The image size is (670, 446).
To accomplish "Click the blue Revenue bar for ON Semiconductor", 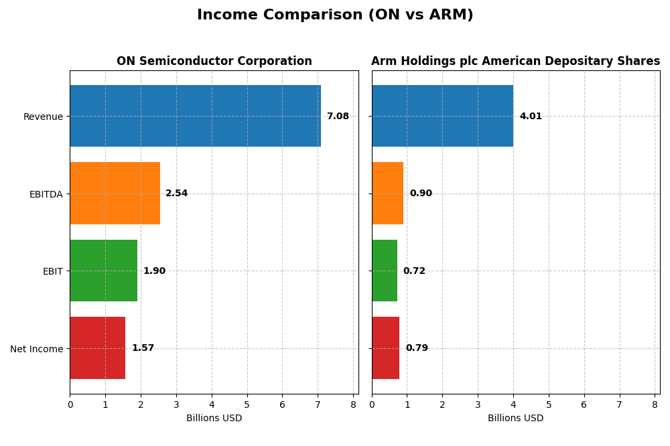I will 195,116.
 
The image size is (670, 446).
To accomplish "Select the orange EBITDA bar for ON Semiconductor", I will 115,194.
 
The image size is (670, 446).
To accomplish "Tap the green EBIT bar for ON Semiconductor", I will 103,271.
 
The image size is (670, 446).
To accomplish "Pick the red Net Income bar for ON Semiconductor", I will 97,348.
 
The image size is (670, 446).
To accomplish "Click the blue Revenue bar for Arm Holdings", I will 442,116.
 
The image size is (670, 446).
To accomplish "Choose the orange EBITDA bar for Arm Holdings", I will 387,194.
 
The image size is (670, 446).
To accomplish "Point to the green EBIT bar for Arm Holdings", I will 384,271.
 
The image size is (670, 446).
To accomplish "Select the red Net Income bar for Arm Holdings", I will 385,348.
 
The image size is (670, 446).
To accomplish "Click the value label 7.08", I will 338,117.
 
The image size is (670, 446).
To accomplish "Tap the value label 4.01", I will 531,117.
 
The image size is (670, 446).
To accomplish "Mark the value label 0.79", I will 417,348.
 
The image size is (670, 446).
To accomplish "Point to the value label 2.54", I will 177,194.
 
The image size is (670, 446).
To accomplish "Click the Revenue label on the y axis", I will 43,117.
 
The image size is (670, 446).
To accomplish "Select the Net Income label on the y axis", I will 36,349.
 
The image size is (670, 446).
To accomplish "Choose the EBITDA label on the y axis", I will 46,194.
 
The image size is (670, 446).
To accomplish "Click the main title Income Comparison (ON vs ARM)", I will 335,15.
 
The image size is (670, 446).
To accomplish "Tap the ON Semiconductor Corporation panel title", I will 214,62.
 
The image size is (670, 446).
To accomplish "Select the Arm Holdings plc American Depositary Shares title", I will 515,62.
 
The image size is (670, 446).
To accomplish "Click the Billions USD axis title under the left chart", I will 214,419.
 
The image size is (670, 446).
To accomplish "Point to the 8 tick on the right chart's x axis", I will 655,404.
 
